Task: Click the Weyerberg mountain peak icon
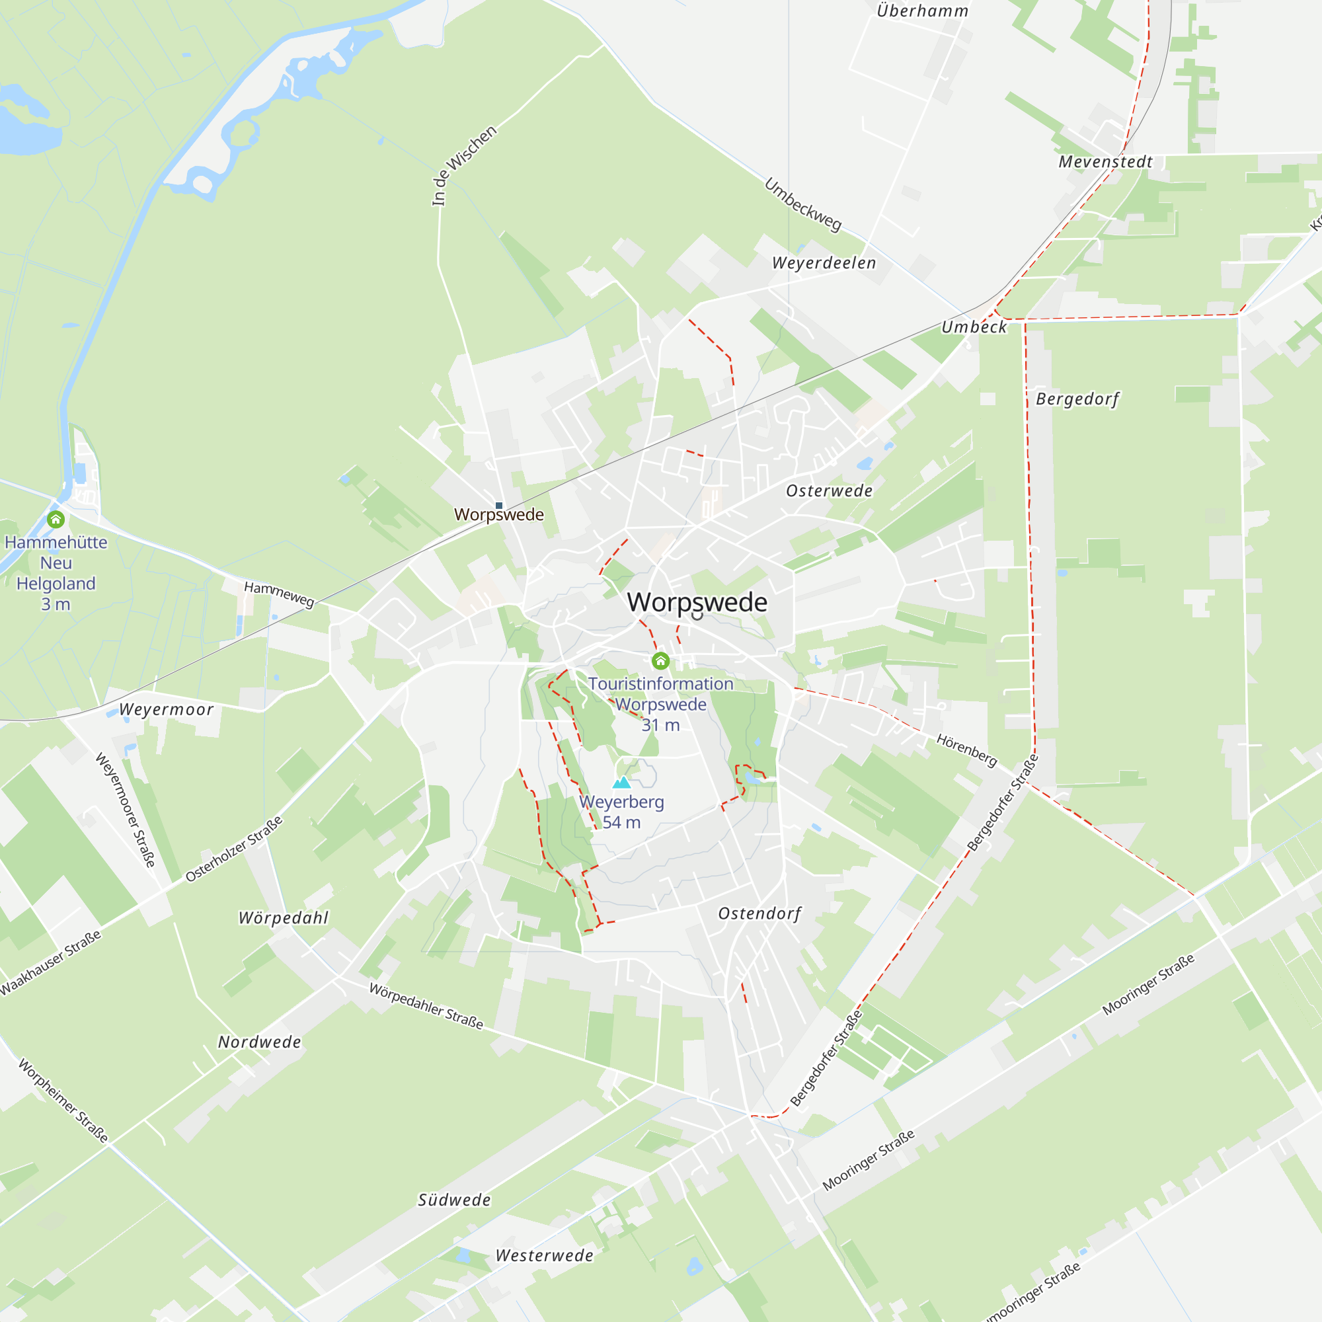tap(621, 783)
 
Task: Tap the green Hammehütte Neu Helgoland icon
tap(56, 520)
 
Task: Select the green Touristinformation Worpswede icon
tap(660, 660)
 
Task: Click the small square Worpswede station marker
tap(499, 506)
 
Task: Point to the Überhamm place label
tap(922, 11)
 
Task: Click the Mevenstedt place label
tap(1105, 162)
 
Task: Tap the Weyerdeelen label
tap(824, 264)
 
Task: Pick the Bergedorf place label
tap(1077, 399)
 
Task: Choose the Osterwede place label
tap(830, 491)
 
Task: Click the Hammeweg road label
tap(279, 594)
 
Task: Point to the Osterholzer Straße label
tap(234, 849)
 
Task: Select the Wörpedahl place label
tap(284, 918)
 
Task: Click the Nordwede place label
tap(259, 1042)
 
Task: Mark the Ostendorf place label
tap(759, 914)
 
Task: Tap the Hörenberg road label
tap(967, 750)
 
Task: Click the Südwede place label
tap(454, 1200)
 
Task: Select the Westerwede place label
tap(544, 1256)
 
